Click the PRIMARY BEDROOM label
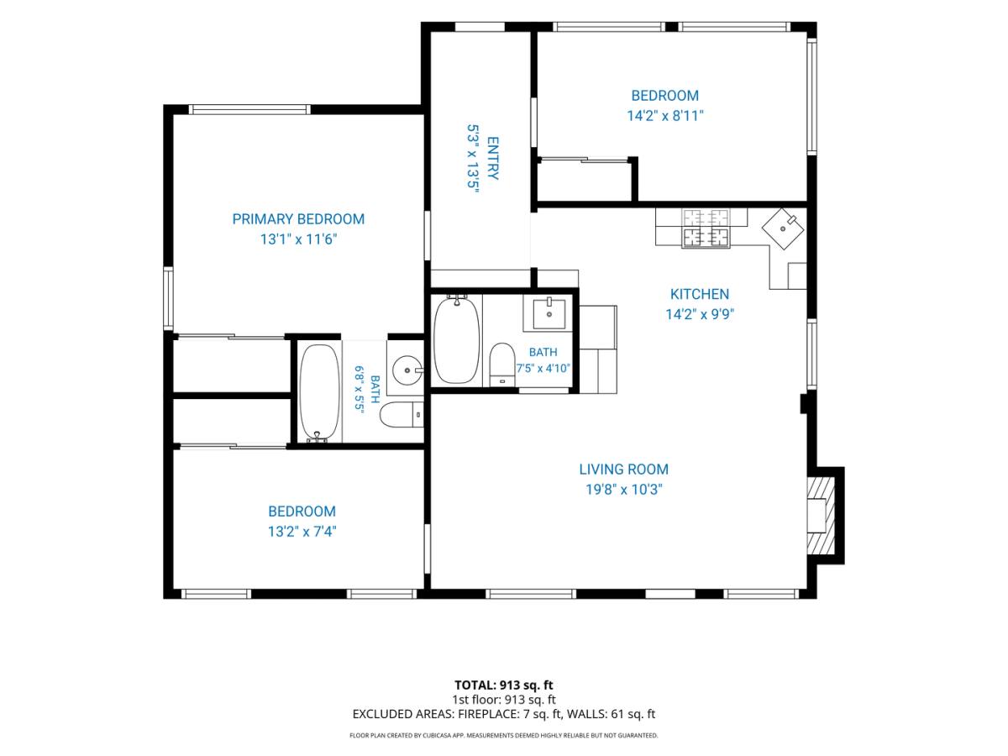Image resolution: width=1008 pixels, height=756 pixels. tap(298, 219)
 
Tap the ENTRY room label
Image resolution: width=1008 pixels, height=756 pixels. tap(492, 158)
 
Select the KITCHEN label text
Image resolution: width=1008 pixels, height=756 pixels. tap(700, 294)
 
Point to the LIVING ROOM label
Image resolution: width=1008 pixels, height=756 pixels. tap(623, 469)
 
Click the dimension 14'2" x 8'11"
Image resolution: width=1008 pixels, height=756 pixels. tap(665, 116)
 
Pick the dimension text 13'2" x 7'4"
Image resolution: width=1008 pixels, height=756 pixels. tap(302, 532)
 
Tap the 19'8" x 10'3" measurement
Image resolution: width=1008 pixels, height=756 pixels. tap(623, 490)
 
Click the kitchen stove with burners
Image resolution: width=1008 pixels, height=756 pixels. tap(706, 228)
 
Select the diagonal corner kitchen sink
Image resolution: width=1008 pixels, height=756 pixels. tap(783, 228)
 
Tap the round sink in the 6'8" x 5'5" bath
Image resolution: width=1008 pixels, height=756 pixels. tap(407, 370)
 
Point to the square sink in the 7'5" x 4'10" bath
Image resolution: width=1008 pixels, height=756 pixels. tap(549, 313)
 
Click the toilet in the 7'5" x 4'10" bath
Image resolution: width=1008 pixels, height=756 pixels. tap(501, 365)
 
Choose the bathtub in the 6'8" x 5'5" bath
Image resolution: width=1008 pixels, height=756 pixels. tap(320, 393)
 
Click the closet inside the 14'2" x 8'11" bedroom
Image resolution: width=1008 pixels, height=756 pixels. tap(585, 181)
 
